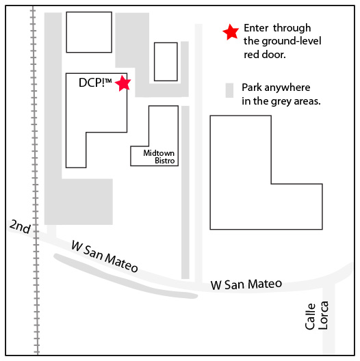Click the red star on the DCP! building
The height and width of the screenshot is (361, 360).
click(x=123, y=83)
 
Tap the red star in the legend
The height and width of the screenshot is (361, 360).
click(x=231, y=32)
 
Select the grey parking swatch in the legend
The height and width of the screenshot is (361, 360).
click(x=229, y=90)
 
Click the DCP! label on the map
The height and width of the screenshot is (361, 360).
click(x=95, y=83)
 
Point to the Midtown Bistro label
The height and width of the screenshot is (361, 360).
click(x=159, y=157)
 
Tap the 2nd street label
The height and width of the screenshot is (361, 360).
click(x=21, y=226)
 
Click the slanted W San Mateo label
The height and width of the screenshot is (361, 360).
click(x=105, y=256)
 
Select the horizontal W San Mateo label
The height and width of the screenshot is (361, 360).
click(x=246, y=284)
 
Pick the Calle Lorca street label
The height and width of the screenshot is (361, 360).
click(x=316, y=315)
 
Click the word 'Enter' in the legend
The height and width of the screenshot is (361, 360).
click(x=256, y=28)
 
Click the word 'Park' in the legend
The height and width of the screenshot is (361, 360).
click(x=252, y=88)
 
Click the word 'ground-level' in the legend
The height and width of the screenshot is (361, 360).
click(x=292, y=41)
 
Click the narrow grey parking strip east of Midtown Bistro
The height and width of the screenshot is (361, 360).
click(x=185, y=192)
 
